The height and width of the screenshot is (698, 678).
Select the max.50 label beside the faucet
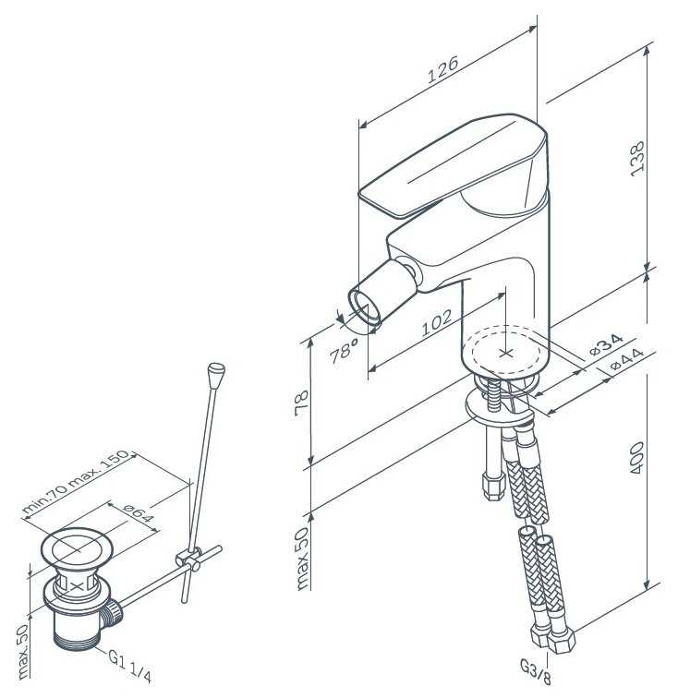(x=303, y=559)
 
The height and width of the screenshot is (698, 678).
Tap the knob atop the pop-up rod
(x=217, y=373)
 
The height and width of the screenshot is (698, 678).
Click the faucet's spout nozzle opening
(x=362, y=308)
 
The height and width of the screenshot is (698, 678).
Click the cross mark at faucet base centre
(x=504, y=352)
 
